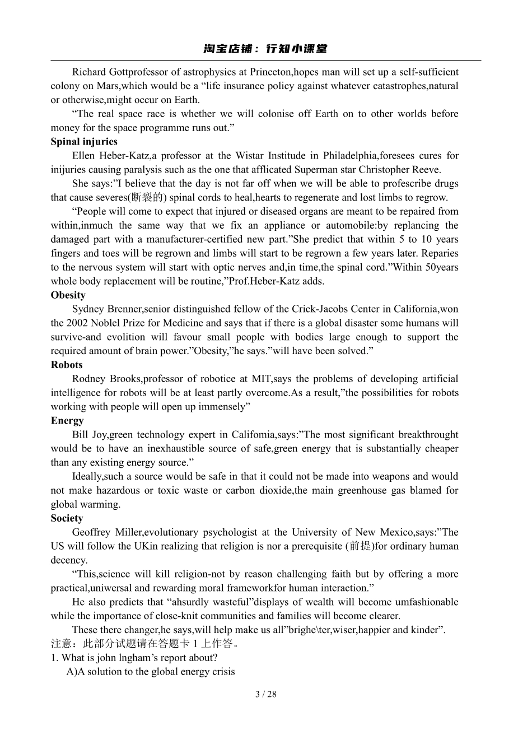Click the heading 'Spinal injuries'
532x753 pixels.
[84, 142]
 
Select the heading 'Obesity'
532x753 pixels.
[68, 295]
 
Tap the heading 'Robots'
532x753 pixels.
[67, 365]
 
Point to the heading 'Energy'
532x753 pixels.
[67, 421]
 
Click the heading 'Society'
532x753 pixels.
[67, 518]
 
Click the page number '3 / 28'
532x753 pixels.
[266, 694]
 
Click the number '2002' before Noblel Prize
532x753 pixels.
[77, 323]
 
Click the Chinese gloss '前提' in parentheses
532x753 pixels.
[360, 546]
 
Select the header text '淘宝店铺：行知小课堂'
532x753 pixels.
[265, 49]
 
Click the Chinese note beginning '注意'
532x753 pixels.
[146, 644]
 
